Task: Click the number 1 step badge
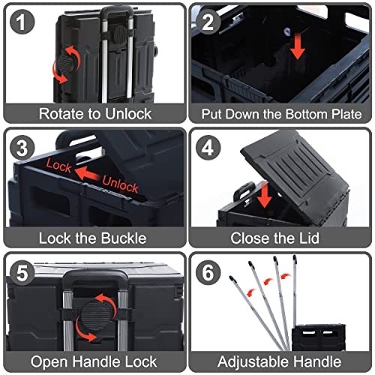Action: click(x=22, y=22)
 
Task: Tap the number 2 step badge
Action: click(x=208, y=22)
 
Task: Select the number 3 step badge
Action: click(x=22, y=148)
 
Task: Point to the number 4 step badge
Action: click(x=208, y=148)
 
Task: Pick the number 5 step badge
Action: click(x=22, y=273)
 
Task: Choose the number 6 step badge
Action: click(x=208, y=273)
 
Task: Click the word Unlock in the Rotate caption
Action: click(x=128, y=114)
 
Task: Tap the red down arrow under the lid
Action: click(x=265, y=195)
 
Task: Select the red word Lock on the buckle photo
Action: click(x=59, y=165)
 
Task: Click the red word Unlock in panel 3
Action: click(x=120, y=184)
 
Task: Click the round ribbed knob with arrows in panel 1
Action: click(x=66, y=64)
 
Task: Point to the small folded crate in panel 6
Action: click(x=319, y=337)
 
